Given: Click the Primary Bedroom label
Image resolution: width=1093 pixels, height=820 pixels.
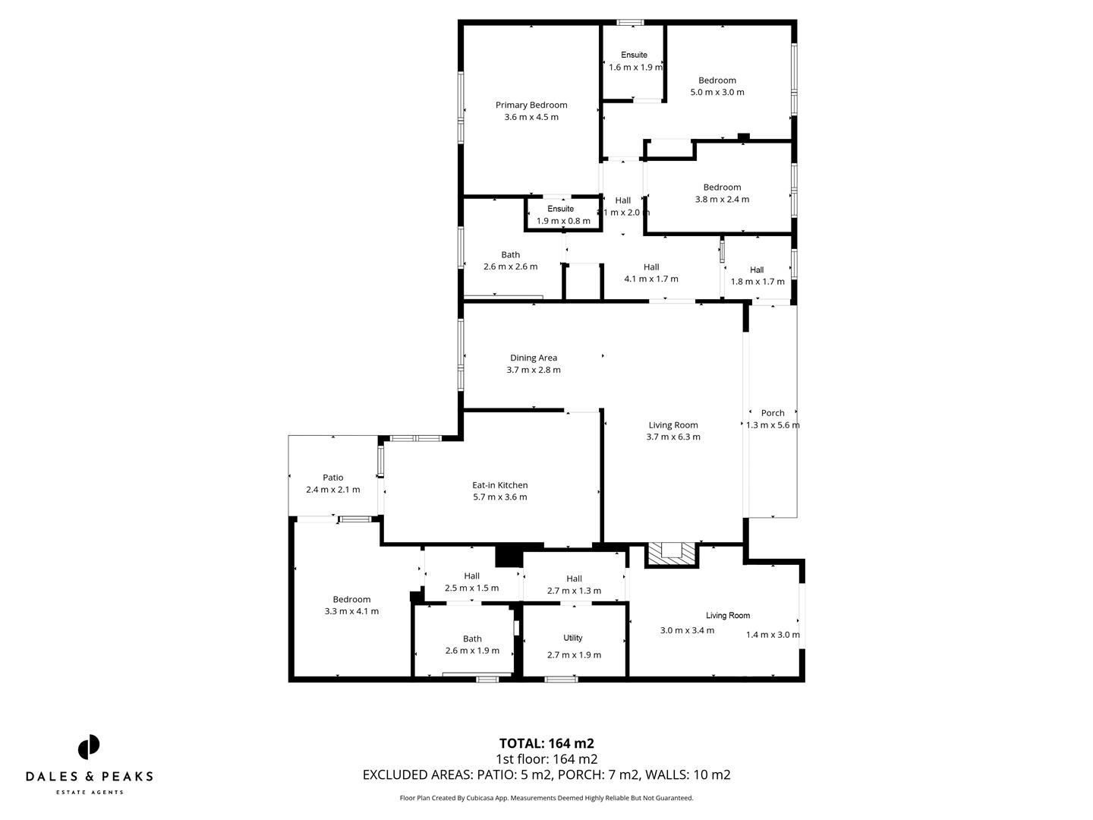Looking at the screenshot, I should pos(531,105).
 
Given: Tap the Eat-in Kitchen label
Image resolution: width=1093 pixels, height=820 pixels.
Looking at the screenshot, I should pos(499,485).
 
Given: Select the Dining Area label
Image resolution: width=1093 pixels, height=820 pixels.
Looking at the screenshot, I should pos(534,358).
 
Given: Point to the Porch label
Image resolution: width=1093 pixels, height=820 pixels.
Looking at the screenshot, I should pos(773,413).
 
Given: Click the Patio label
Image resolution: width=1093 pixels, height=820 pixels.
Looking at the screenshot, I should pos(332,478).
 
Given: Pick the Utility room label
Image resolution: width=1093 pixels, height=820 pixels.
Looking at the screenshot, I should pos(573,638).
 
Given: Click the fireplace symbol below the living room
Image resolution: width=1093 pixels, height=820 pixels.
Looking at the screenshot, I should pos(671,553).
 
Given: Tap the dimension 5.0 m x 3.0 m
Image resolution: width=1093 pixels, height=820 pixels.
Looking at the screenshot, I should pos(717,93).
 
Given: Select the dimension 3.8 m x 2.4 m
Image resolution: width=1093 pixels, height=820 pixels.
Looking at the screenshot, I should pos(722,200).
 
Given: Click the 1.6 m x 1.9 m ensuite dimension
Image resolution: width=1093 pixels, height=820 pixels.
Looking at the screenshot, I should pos(635,68).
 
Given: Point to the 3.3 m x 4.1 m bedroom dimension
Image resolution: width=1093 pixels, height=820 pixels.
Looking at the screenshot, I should pos(351,611).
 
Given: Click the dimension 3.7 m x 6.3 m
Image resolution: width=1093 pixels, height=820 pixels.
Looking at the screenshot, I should pos(673,437).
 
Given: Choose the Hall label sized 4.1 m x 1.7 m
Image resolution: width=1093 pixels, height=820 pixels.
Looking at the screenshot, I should pos(651,266).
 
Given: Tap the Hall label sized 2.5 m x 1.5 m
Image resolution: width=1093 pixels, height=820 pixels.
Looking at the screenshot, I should pos(471,576).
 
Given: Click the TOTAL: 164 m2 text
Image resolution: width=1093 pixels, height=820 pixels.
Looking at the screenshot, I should pos(546,743).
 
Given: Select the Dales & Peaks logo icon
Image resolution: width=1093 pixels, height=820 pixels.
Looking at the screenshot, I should pos(89,746).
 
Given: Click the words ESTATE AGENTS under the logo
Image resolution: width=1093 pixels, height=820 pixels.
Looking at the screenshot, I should pos(90,792).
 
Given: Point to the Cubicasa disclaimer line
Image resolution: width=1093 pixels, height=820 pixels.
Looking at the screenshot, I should pos(546,798).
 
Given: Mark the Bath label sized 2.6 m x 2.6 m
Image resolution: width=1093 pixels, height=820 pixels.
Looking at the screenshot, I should pos(510,254).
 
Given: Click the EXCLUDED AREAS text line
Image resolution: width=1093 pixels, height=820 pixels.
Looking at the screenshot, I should pos(546,775).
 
